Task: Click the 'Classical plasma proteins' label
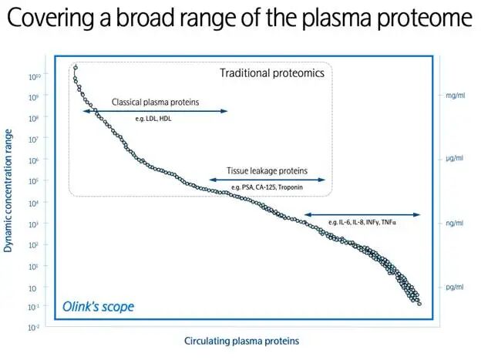pos(154,101)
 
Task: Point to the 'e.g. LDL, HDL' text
pos(154,119)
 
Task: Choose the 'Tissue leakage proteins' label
pos(267,170)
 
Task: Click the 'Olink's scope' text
pos(98,307)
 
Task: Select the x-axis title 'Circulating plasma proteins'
pos(240,340)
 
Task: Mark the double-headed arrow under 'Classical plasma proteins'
pos(154,111)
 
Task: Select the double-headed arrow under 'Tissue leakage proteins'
pos(267,180)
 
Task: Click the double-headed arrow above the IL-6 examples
pos(362,214)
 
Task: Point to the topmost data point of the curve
pos(75,68)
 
